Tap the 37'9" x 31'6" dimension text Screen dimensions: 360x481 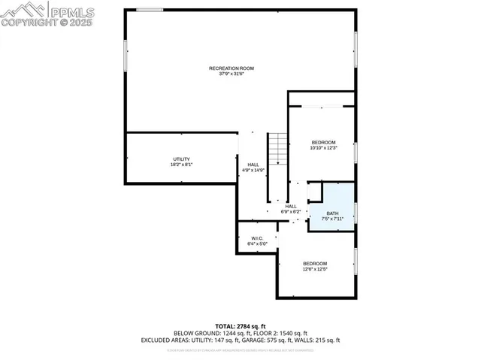(231, 74)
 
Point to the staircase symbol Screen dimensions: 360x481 (278, 148)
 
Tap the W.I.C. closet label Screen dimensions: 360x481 (257, 238)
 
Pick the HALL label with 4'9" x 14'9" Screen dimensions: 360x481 (253, 165)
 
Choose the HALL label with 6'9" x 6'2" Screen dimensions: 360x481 (290, 206)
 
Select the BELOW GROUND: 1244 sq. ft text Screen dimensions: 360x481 (207, 332)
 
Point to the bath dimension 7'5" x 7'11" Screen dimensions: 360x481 (332, 219)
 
